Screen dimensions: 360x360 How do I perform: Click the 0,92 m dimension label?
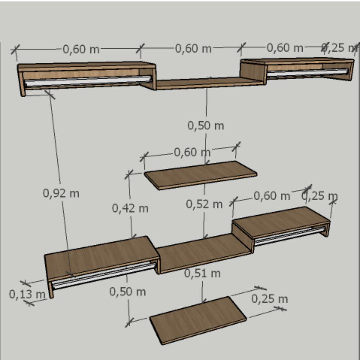click(x=61, y=193)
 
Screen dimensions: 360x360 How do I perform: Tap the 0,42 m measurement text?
click(x=130, y=208)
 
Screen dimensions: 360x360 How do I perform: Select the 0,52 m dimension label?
click(x=204, y=204)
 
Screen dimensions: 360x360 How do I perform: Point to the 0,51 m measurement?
click(x=202, y=273)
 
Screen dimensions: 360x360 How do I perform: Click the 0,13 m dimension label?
click(x=27, y=294)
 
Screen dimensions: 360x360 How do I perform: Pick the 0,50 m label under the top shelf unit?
click(x=206, y=126)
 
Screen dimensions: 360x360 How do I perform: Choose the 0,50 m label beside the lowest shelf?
click(x=127, y=292)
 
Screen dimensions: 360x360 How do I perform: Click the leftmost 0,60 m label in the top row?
click(x=81, y=49)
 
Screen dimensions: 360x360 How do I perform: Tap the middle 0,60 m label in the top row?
click(x=193, y=49)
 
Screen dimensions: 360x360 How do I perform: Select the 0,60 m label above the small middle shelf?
click(x=192, y=152)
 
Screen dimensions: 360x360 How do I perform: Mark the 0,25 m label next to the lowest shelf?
click(x=270, y=299)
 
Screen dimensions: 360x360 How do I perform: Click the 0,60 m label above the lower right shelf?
click(x=272, y=196)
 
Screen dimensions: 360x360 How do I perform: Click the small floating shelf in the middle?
click(x=201, y=175)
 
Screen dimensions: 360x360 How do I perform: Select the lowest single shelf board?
click(x=198, y=320)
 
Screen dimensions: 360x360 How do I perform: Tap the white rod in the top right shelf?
click(x=308, y=73)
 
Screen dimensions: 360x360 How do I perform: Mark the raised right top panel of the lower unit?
click(x=281, y=221)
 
